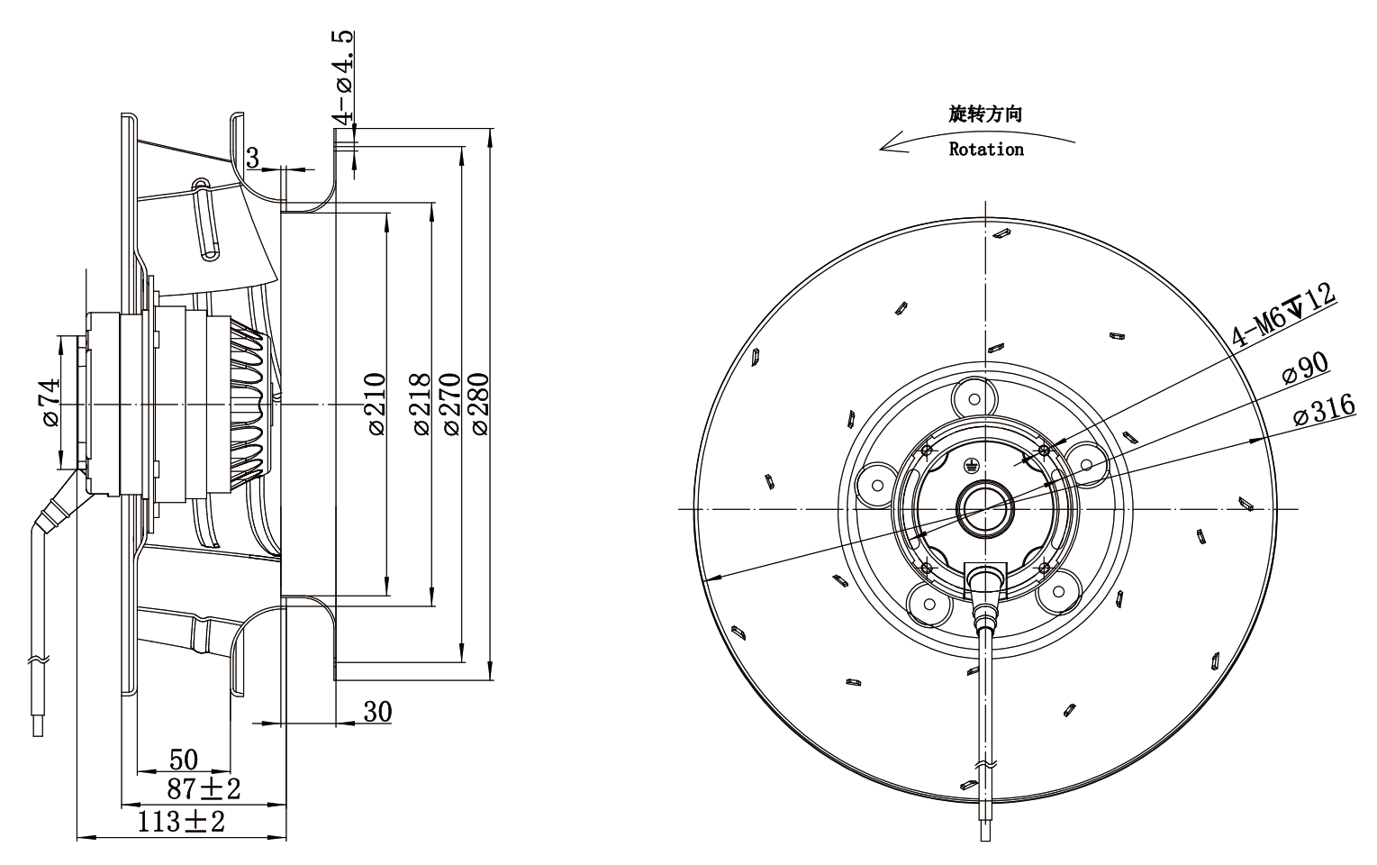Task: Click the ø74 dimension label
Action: pos(50,402)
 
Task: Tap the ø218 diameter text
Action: pos(421,404)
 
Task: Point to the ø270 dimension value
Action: pos(450,404)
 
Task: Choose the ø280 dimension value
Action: pos(479,404)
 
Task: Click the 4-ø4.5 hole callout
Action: pos(343,77)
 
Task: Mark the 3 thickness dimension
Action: pos(253,158)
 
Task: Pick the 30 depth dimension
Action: pos(377,712)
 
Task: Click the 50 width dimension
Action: pos(183,760)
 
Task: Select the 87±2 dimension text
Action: pos(203,788)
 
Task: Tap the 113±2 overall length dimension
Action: pos(180,822)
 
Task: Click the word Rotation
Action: pos(986,150)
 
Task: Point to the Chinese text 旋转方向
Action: pos(985,114)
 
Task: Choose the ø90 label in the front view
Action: pos(1305,368)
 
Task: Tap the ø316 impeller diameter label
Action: pos(1324,409)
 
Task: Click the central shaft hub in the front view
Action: pos(985,509)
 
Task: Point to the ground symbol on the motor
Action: pos(970,465)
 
